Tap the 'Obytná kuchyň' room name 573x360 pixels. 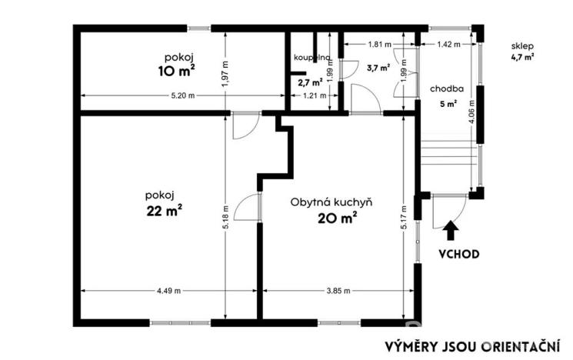pyautogui.click(x=331, y=202)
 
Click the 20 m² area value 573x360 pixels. pyautogui.click(x=337, y=218)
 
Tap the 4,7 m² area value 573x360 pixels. pyautogui.click(x=522, y=56)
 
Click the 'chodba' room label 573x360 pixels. pyautogui.click(x=447, y=88)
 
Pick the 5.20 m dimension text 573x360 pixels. pyautogui.click(x=182, y=95)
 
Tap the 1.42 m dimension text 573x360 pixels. pyautogui.click(x=448, y=45)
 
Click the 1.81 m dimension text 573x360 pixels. pyautogui.click(x=379, y=45)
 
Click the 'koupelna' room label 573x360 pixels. pyautogui.click(x=311, y=58)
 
